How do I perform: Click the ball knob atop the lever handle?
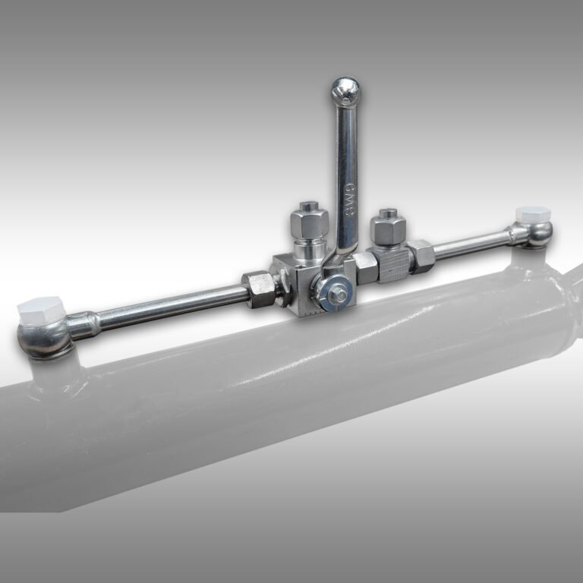click(345, 90)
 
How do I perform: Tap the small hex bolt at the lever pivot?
click(335, 289)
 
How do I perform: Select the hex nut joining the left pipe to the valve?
click(260, 288)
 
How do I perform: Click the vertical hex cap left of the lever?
click(309, 220)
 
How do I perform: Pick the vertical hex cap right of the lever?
click(389, 225)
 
